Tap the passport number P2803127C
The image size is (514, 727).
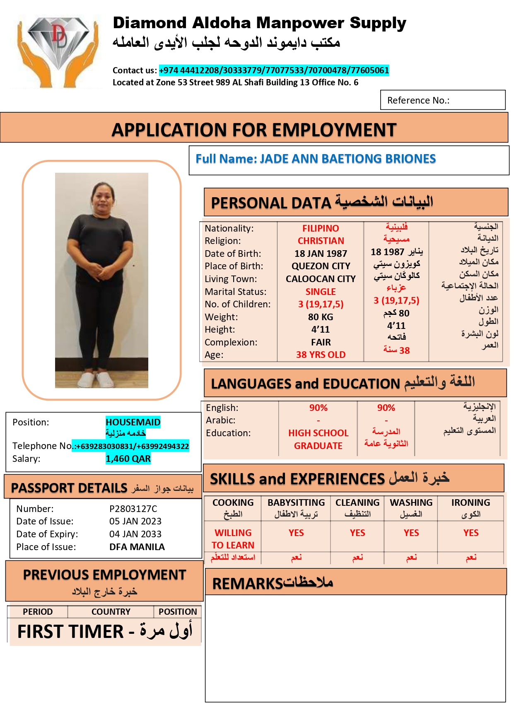133,509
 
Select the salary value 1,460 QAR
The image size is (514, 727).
128,459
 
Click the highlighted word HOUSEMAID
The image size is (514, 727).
133,422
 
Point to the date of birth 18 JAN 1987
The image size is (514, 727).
321,254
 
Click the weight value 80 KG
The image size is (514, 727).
321,317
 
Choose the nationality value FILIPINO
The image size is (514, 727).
321,228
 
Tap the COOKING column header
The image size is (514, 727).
233,502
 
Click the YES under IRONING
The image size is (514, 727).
471,533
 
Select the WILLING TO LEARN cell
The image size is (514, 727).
233,539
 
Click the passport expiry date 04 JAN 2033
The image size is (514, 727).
135,534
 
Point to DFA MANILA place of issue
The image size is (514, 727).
137,547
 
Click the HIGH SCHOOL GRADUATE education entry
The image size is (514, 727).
318,439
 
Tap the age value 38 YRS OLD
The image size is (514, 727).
321,355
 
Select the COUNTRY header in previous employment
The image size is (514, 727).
111,612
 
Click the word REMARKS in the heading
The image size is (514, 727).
247,584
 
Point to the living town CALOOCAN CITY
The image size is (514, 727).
321,279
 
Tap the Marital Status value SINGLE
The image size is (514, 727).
321,292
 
